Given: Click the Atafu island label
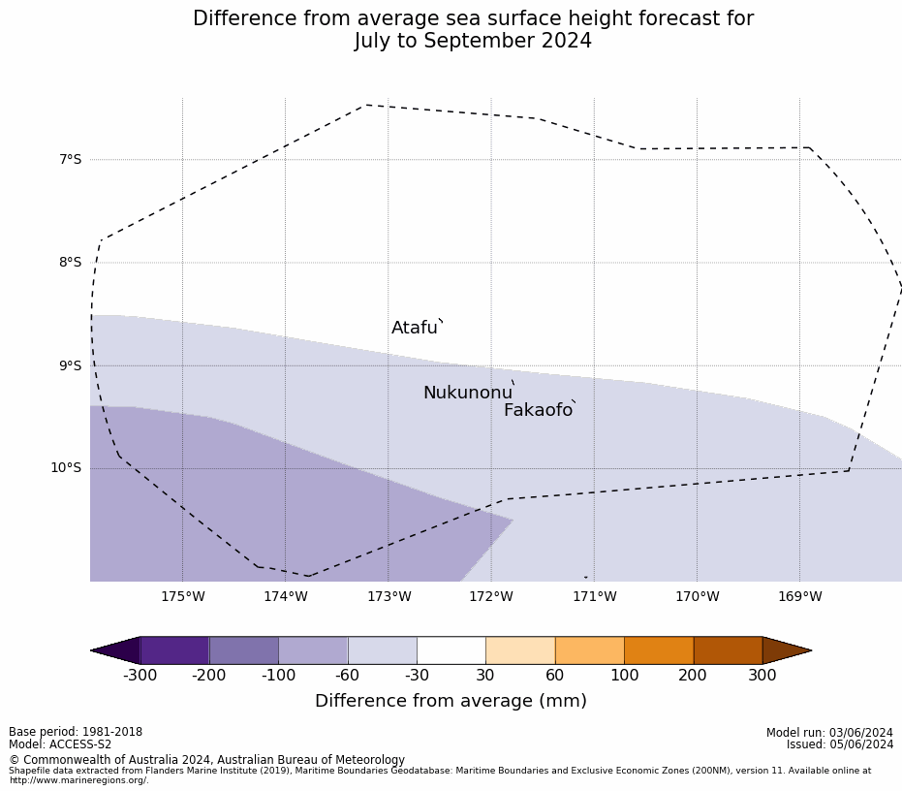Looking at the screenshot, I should click(415, 329).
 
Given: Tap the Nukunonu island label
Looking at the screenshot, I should click(467, 394).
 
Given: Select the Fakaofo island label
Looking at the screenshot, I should click(538, 411).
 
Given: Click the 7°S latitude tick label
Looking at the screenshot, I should click(71, 159).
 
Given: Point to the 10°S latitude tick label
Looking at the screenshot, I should click(67, 468).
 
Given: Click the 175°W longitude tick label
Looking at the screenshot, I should click(182, 596).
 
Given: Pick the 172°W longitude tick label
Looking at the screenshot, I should click(491, 596).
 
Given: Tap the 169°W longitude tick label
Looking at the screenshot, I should click(799, 596).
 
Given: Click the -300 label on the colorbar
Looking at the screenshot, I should click(140, 676).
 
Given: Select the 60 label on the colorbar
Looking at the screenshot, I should click(555, 676).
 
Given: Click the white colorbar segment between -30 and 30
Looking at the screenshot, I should click(451, 650).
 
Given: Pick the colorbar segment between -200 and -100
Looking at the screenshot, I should click(244, 650).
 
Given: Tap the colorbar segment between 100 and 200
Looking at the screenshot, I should click(659, 650).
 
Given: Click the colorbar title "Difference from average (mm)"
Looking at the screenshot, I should click(451, 701).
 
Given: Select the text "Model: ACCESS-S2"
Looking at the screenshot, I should click(60, 744).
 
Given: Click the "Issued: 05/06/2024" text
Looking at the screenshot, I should click(840, 744).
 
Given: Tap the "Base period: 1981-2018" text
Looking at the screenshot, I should click(76, 732).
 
